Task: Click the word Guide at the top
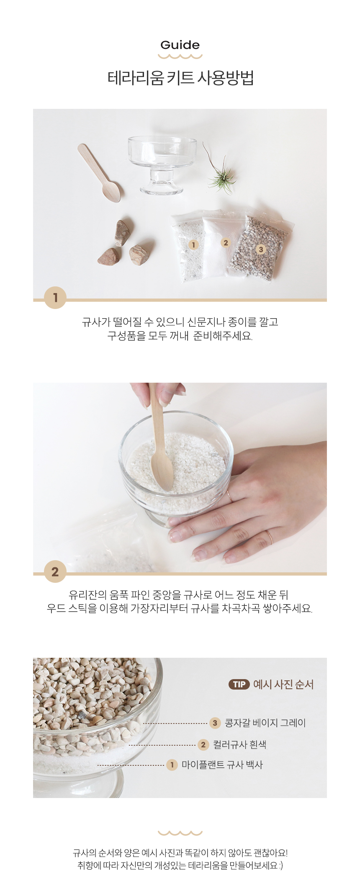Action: click(180, 45)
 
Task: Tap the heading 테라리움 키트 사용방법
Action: click(180, 78)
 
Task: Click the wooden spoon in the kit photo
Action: click(99, 173)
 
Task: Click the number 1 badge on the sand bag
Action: click(193, 245)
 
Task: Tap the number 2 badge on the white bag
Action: click(226, 243)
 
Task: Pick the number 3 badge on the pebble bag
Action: click(261, 250)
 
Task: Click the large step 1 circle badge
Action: click(55, 298)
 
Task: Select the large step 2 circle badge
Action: click(55, 572)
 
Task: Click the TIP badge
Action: click(239, 684)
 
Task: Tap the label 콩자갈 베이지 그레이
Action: click(265, 723)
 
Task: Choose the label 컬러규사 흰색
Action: click(239, 744)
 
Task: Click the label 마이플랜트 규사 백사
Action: click(222, 765)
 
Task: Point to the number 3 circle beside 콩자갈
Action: click(215, 723)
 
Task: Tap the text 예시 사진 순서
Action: click(283, 684)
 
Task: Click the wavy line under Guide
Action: click(180, 57)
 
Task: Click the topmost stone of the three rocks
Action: click(123, 233)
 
